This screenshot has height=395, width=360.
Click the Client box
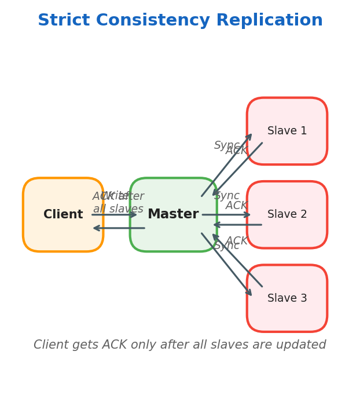(x=63, y=215)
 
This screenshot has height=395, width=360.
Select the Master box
(x=173, y=215)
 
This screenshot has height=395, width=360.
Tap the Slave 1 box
(x=287, y=131)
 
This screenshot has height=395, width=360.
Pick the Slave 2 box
(x=287, y=215)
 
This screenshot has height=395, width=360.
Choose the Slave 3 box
(x=287, y=298)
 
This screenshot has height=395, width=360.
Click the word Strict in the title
(x=64, y=21)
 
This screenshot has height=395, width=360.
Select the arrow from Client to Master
(x=114, y=215)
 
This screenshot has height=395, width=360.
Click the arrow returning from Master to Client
(x=119, y=228)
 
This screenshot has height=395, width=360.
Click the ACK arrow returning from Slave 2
(x=237, y=225)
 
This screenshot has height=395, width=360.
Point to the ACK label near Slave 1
(x=236, y=151)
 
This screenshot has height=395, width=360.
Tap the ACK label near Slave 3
(x=236, y=241)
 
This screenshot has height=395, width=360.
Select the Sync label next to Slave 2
(x=226, y=196)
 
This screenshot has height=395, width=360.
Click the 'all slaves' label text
(x=118, y=209)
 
